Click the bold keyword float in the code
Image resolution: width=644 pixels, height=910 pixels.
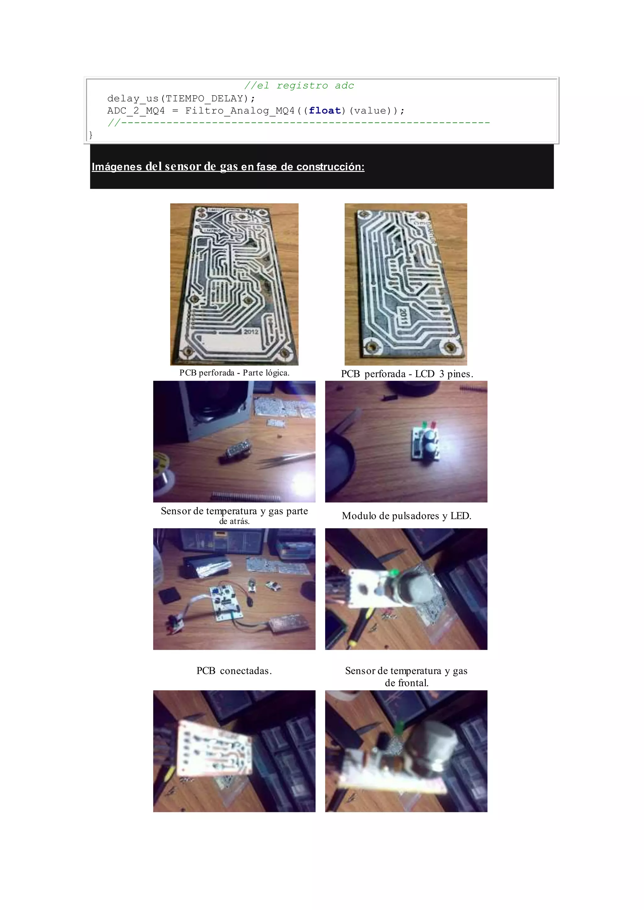tap(325, 111)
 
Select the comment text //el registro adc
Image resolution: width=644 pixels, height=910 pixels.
tap(299, 85)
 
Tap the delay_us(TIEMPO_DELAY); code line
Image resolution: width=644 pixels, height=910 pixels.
tap(181, 98)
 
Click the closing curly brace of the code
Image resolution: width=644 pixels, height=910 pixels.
tap(91, 135)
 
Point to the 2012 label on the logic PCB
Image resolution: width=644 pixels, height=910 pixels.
tap(251, 331)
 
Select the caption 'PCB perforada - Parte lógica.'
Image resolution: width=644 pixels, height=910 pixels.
tap(234, 373)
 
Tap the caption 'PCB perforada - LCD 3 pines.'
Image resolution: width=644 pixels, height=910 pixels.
tap(407, 374)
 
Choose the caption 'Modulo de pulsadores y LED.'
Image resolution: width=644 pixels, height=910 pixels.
tap(407, 516)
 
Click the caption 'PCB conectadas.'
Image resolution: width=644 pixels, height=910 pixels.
tap(234, 671)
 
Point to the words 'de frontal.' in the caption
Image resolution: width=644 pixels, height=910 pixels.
tap(407, 683)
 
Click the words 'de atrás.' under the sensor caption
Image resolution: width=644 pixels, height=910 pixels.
tap(234, 521)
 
